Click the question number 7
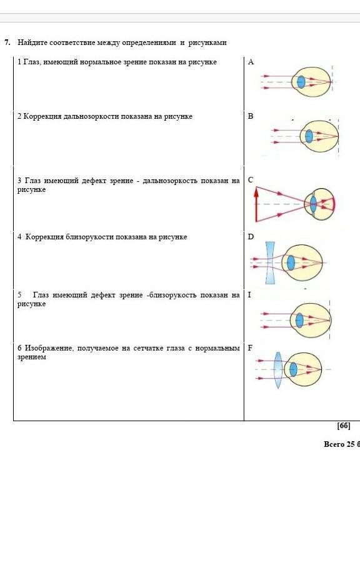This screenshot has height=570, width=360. click(x=7, y=42)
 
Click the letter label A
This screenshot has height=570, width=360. click(x=251, y=62)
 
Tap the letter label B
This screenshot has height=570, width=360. click(x=251, y=116)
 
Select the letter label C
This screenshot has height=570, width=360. click(x=251, y=179)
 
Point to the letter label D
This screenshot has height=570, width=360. click(x=251, y=237)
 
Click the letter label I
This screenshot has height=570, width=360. click(x=249, y=295)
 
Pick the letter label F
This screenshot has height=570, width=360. click(x=250, y=348)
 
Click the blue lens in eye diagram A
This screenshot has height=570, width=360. click(x=301, y=82)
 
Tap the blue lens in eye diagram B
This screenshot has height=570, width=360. click(x=309, y=136)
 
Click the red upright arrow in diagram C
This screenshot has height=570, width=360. click(x=256, y=204)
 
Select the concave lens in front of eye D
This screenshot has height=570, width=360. click(x=270, y=263)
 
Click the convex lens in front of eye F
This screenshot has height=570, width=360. click(x=278, y=370)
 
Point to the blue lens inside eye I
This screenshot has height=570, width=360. click(x=299, y=320)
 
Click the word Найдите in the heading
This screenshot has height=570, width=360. click(x=32, y=42)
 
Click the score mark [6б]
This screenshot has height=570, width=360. click(x=344, y=426)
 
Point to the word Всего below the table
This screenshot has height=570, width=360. click(x=334, y=444)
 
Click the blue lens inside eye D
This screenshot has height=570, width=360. click(x=291, y=263)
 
